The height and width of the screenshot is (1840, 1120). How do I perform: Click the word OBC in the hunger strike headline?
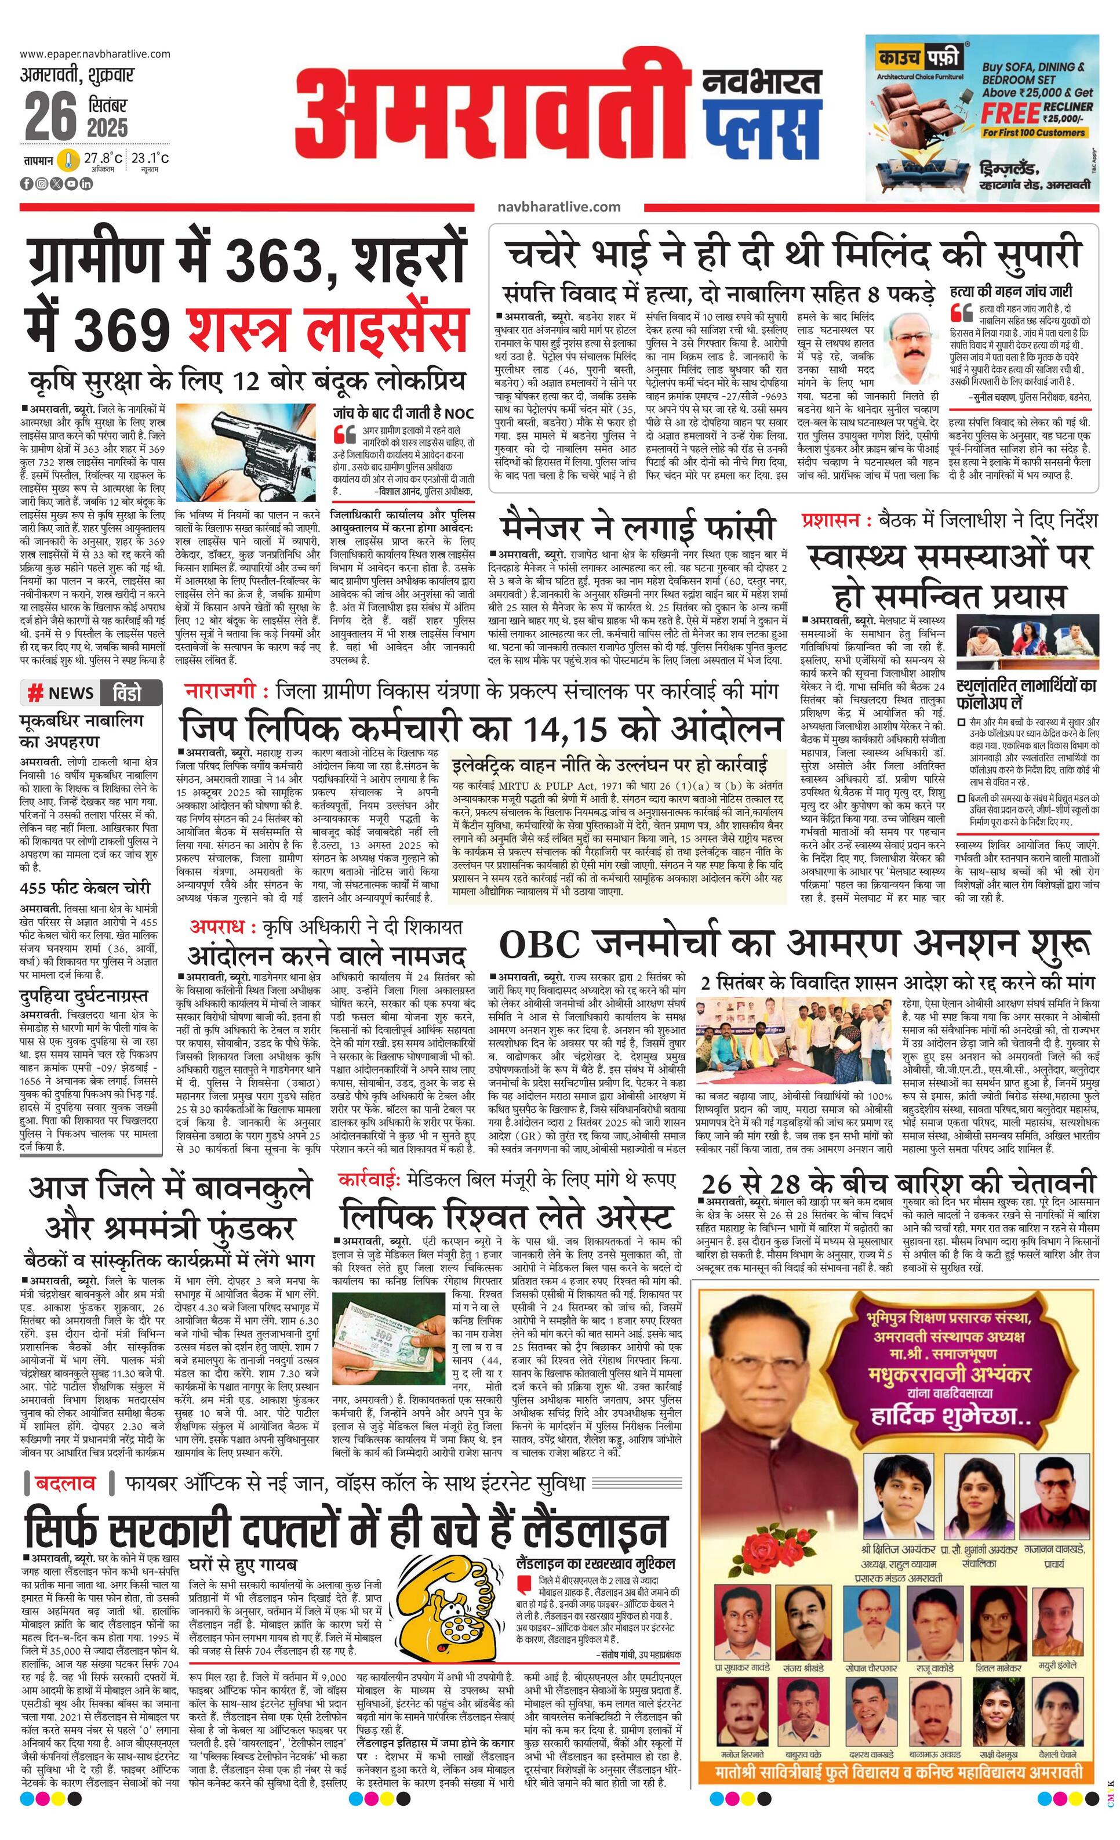click(x=539, y=944)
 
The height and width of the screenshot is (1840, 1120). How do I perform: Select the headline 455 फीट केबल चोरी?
click(x=85, y=888)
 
